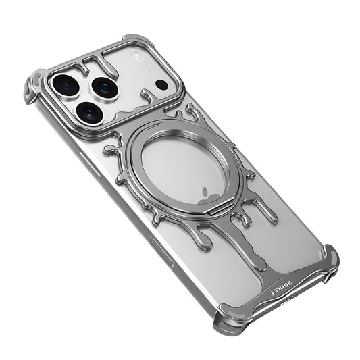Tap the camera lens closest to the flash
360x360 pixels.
105,86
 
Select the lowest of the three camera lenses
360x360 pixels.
88,111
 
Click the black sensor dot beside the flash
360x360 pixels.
162,84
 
